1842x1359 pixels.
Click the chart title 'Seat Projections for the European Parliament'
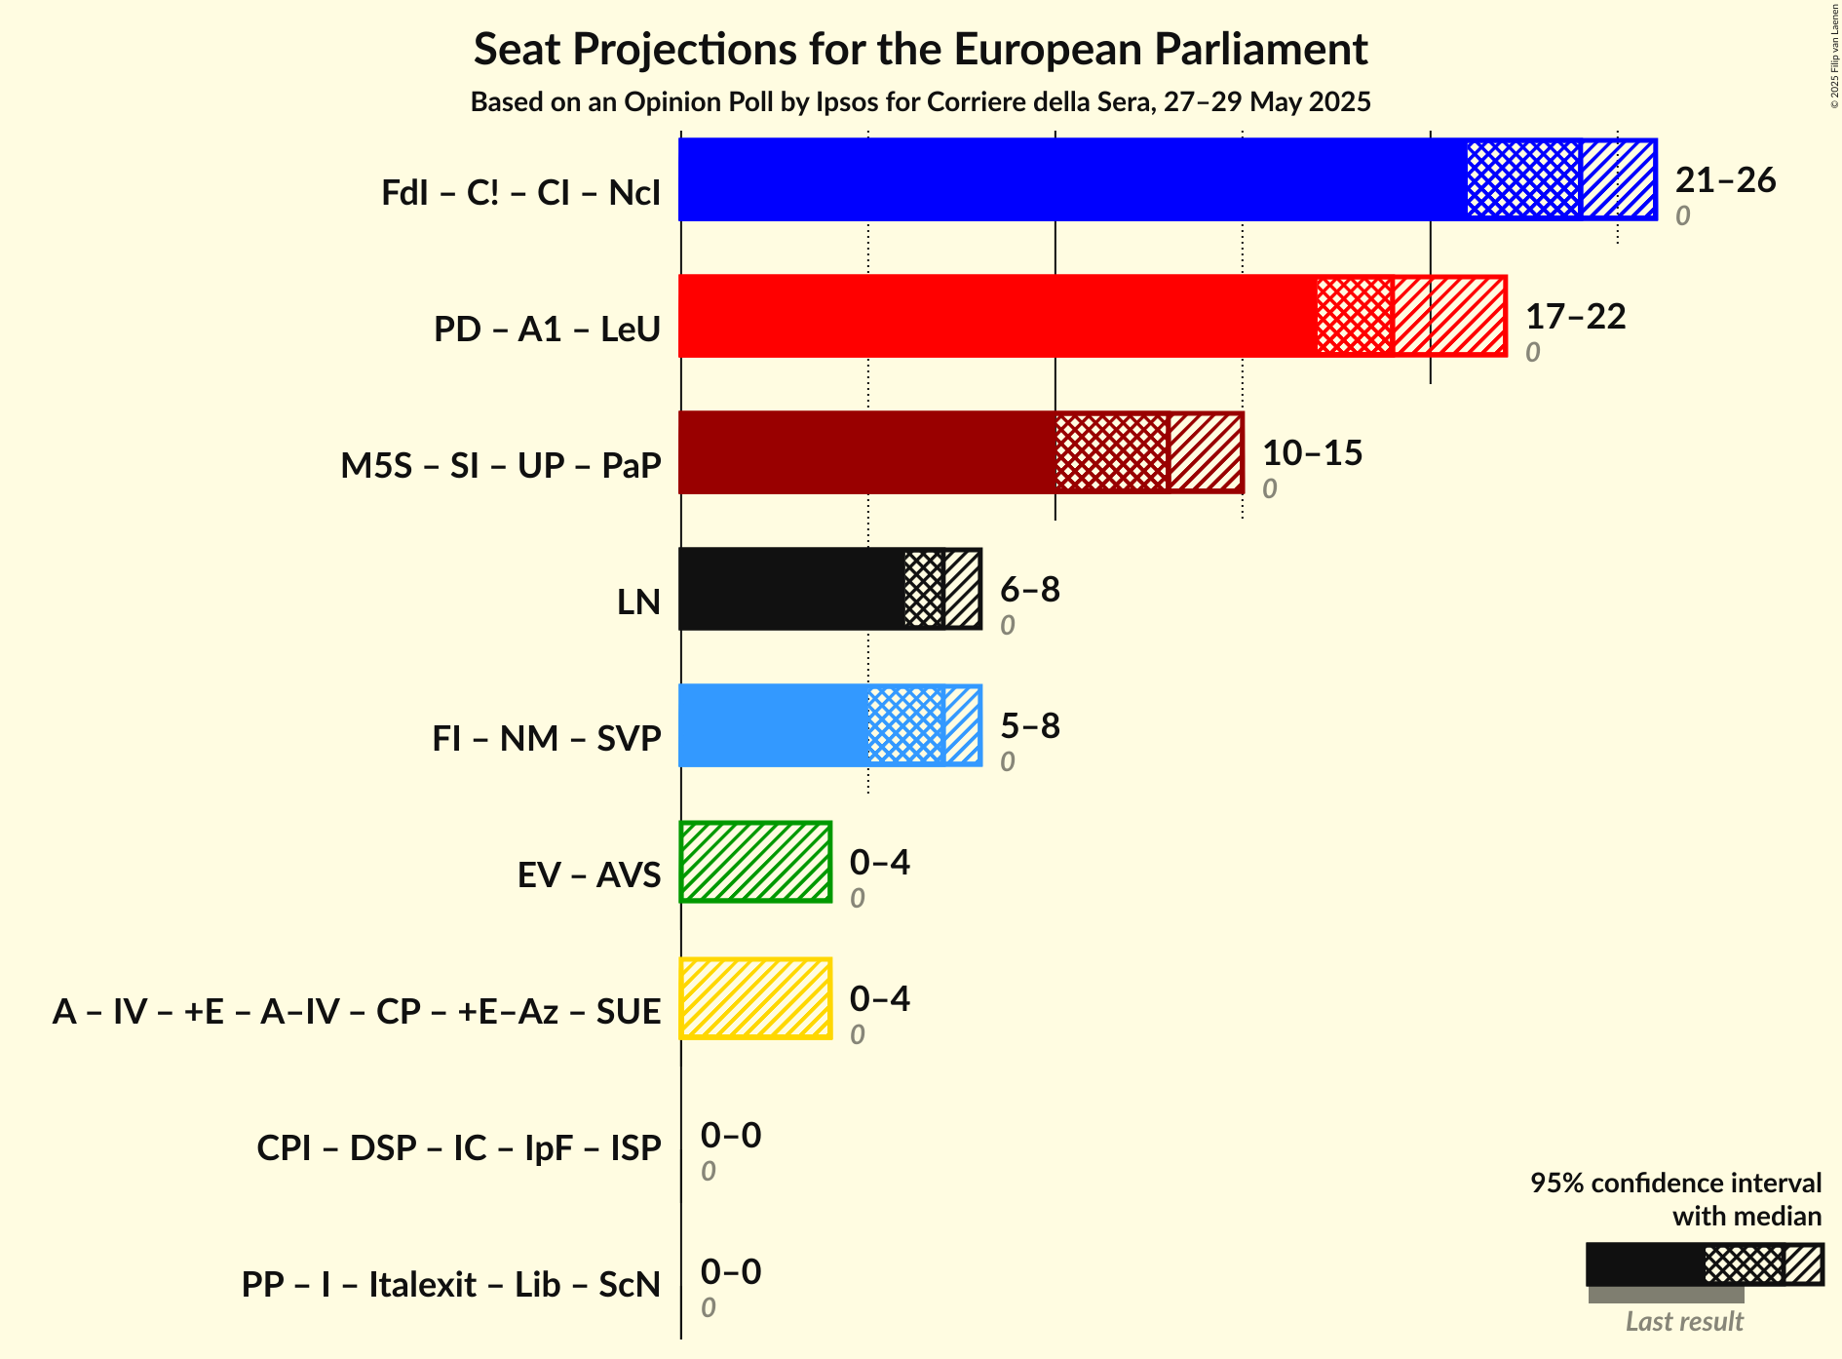point(920,49)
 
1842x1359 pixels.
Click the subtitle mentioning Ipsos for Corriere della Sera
point(920,101)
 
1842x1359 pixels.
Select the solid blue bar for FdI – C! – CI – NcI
point(1072,179)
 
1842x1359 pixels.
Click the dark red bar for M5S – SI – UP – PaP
point(865,452)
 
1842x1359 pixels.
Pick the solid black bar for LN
point(790,589)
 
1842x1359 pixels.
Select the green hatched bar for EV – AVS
point(755,862)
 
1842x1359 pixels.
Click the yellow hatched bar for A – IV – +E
point(755,998)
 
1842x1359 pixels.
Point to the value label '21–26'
point(1725,179)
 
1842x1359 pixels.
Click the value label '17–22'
point(1575,316)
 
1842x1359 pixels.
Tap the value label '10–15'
point(1312,452)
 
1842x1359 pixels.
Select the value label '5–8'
point(1030,725)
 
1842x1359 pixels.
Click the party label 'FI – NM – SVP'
point(546,738)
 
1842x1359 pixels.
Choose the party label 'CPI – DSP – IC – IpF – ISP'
point(458,1147)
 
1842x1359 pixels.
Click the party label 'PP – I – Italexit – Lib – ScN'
point(450,1284)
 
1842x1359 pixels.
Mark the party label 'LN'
point(638,602)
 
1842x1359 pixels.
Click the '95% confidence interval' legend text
point(1674,1183)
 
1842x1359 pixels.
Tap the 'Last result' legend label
point(1683,1321)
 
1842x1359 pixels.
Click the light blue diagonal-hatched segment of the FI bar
point(962,725)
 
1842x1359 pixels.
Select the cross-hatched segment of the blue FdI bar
point(1523,179)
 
